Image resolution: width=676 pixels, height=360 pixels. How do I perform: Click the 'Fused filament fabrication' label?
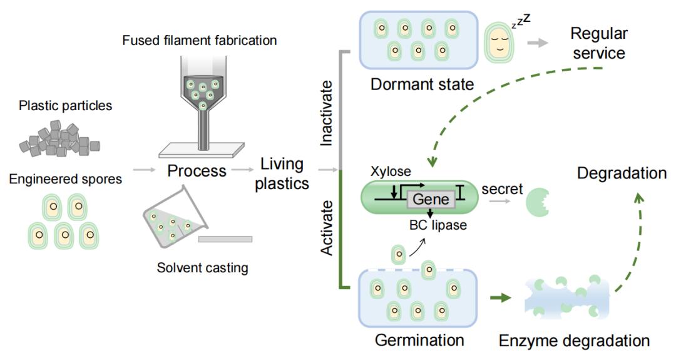199,41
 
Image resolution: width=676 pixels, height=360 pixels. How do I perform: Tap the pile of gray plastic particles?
59,139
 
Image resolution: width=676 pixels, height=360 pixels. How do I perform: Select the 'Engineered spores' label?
66,179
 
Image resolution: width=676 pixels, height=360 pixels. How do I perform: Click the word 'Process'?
197,171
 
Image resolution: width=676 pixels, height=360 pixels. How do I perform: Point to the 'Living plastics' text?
282,174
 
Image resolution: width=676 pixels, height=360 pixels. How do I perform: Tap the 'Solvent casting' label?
202,268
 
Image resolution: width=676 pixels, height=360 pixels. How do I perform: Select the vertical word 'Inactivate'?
327,113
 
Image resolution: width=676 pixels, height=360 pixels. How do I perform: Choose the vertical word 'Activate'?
327,228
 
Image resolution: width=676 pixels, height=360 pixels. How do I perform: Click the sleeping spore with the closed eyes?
498,42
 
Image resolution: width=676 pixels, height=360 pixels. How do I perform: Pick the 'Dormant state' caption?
422,84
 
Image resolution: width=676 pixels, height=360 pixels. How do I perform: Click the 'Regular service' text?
599,43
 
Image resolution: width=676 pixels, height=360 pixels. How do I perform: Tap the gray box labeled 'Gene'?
431,199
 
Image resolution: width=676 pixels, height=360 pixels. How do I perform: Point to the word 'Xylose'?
391,171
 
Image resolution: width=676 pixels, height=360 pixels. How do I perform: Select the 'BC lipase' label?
438,225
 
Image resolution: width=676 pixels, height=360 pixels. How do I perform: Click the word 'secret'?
502,189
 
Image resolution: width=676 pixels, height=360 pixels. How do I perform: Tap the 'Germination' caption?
419,340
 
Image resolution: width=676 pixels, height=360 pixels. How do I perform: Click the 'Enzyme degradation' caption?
574,341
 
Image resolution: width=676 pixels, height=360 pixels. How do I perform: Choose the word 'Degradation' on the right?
622,173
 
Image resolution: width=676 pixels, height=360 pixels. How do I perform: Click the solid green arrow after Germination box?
501,297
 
